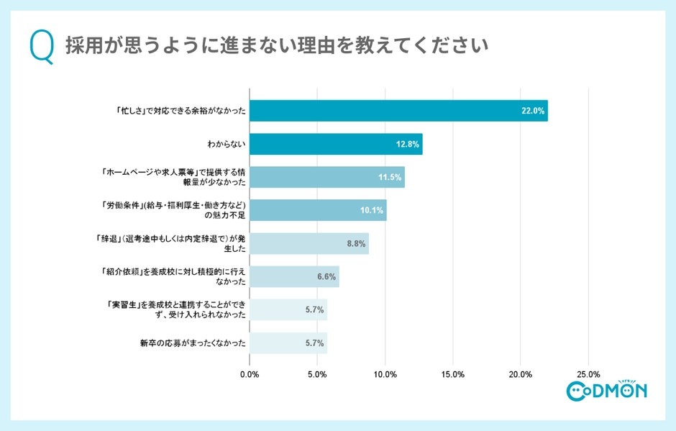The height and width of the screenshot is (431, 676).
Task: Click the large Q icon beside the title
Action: (x=42, y=47)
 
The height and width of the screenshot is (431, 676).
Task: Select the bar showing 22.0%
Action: (x=398, y=111)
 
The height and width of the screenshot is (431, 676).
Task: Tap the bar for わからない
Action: (x=336, y=144)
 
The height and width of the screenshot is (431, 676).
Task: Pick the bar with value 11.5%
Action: (x=327, y=177)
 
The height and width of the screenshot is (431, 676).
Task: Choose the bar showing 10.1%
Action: (x=318, y=210)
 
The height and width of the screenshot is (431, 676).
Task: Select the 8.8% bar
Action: (x=309, y=243)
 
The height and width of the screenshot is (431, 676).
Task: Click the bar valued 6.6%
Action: (x=294, y=276)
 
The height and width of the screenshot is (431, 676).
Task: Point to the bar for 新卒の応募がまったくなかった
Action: (x=288, y=342)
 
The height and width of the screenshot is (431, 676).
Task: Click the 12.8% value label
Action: (x=408, y=144)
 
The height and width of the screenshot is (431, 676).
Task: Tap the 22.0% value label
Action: (x=534, y=111)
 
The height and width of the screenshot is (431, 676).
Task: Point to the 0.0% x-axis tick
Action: (x=250, y=374)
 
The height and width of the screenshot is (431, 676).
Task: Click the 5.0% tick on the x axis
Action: (x=317, y=374)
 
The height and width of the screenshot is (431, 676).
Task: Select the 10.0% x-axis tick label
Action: (x=385, y=374)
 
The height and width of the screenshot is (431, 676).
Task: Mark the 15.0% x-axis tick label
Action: (x=453, y=374)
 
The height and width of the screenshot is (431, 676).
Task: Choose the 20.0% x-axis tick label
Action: (x=521, y=374)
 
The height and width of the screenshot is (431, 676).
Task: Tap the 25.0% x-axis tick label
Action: (x=588, y=374)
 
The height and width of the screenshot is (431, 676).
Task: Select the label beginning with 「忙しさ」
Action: (x=181, y=111)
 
